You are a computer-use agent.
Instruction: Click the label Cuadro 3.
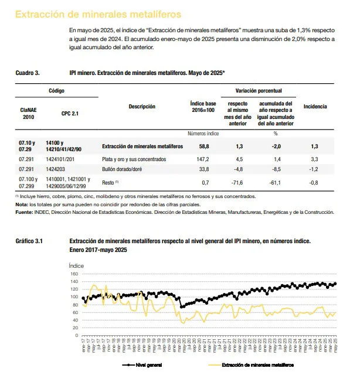(x=28, y=73)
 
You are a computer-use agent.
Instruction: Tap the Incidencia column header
(x=315, y=107)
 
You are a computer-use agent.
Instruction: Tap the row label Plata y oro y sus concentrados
(x=134, y=159)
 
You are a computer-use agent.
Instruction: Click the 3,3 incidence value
(x=315, y=159)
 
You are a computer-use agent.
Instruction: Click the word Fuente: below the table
(x=25, y=212)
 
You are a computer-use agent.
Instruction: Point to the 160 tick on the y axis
(x=74, y=274)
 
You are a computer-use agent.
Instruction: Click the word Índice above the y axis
(x=77, y=266)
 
